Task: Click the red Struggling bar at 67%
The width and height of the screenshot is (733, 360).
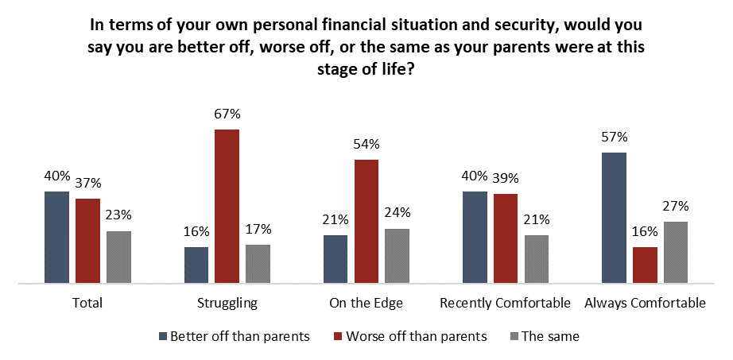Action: click(227, 206)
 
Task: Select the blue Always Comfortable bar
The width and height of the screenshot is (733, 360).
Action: click(615, 218)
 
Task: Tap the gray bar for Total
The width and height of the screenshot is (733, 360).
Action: click(118, 257)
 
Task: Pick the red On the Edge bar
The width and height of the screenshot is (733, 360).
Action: click(366, 221)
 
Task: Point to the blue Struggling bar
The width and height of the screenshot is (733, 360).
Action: click(196, 265)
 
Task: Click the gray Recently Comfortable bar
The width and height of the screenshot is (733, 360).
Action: click(536, 260)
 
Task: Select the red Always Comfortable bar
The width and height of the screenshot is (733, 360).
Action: click(645, 265)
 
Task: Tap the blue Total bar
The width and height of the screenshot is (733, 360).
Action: click(56, 238)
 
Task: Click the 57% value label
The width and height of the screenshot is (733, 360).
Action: click(615, 138)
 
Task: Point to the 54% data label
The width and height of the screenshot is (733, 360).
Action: click(366, 145)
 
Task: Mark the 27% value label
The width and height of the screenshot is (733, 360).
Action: click(676, 207)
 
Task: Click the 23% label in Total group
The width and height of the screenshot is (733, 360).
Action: click(118, 216)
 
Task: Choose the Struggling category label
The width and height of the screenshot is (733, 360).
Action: click(227, 304)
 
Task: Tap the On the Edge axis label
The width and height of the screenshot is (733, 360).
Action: click(366, 304)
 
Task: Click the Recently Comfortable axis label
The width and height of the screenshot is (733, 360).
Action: click(506, 304)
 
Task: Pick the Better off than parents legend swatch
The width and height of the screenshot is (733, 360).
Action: click(163, 336)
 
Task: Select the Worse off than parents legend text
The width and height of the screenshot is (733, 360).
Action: click(417, 336)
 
